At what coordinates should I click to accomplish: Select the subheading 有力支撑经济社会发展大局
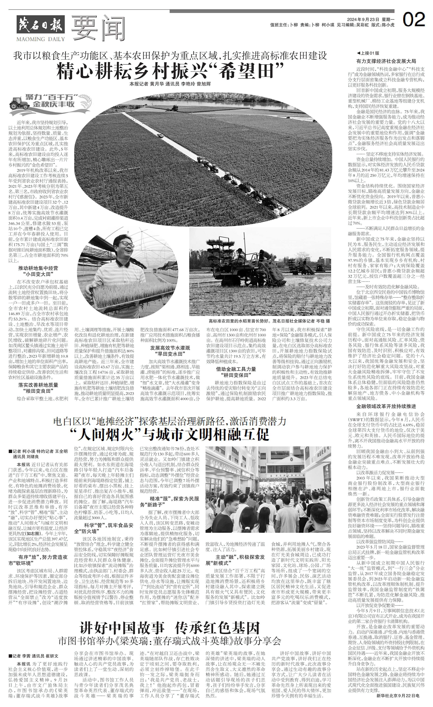coord(386,61)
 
